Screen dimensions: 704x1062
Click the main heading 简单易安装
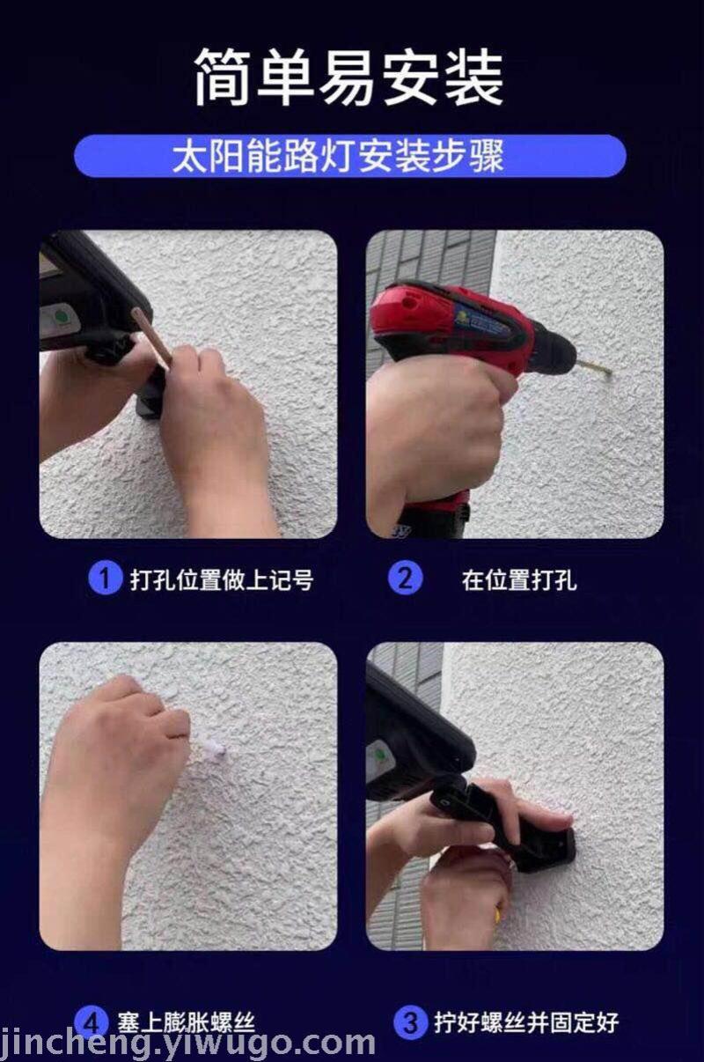(348, 77)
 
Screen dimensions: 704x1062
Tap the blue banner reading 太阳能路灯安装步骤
(350, 156)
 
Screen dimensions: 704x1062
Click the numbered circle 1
(105, 578)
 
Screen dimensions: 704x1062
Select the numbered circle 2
(405, 578)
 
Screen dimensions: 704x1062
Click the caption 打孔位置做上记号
(222, 579)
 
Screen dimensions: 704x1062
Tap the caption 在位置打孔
(519, 579)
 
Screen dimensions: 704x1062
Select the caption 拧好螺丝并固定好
(527, 1023)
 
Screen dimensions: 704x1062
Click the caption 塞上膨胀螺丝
(187, 1023)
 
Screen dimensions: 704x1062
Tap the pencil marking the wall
(151, 337)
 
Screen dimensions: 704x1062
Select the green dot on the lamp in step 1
(60, 316)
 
